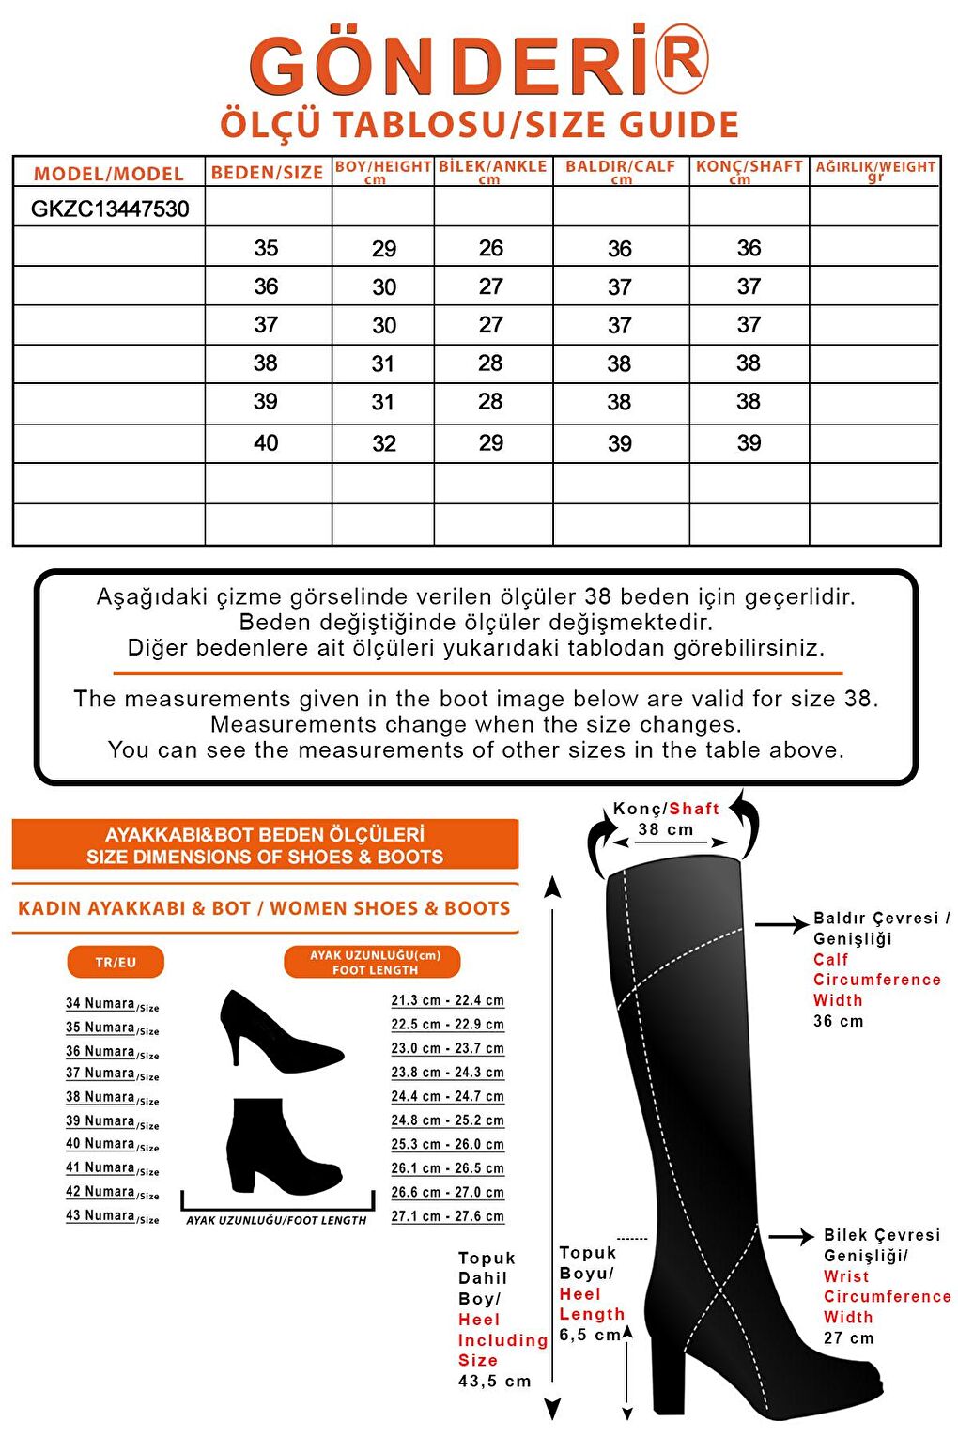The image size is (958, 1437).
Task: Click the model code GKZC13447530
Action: pos(110,209)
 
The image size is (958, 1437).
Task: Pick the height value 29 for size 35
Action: pos(384,249)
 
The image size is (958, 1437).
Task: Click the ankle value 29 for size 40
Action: pos(491,443)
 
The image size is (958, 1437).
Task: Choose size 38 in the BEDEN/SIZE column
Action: pos(266,363)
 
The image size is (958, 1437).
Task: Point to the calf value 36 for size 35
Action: pos(620,249)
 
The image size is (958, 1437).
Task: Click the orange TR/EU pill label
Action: pos(116,962)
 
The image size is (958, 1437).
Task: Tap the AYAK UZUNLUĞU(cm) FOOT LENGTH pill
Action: pos(374,962)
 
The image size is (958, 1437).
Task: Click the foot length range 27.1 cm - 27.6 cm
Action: pos(447,1215)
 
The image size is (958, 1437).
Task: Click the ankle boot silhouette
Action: pos(280,1145)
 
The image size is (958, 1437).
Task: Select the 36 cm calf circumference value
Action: pos(838,1021)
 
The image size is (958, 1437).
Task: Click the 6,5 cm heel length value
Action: pos(590,1335)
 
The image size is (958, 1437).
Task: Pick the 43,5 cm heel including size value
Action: pos(494,1381)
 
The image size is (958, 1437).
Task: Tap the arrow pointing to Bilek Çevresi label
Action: pos(791,1236)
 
